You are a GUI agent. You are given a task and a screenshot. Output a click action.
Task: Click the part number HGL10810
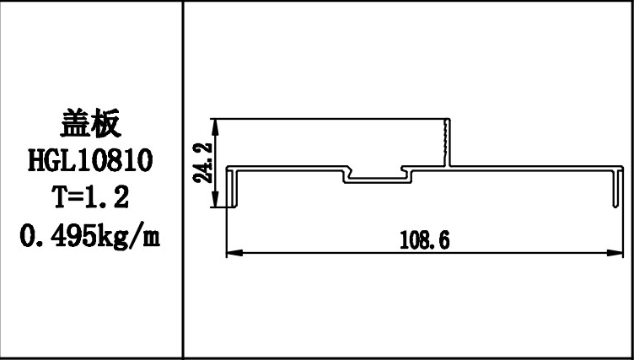coord(91,160)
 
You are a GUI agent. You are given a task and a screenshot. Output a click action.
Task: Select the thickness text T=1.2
coord(91,197)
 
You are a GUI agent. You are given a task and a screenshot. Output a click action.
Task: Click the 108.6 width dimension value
coord(424,241)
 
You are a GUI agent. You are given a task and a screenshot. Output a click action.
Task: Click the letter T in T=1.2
coord(60,197)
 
